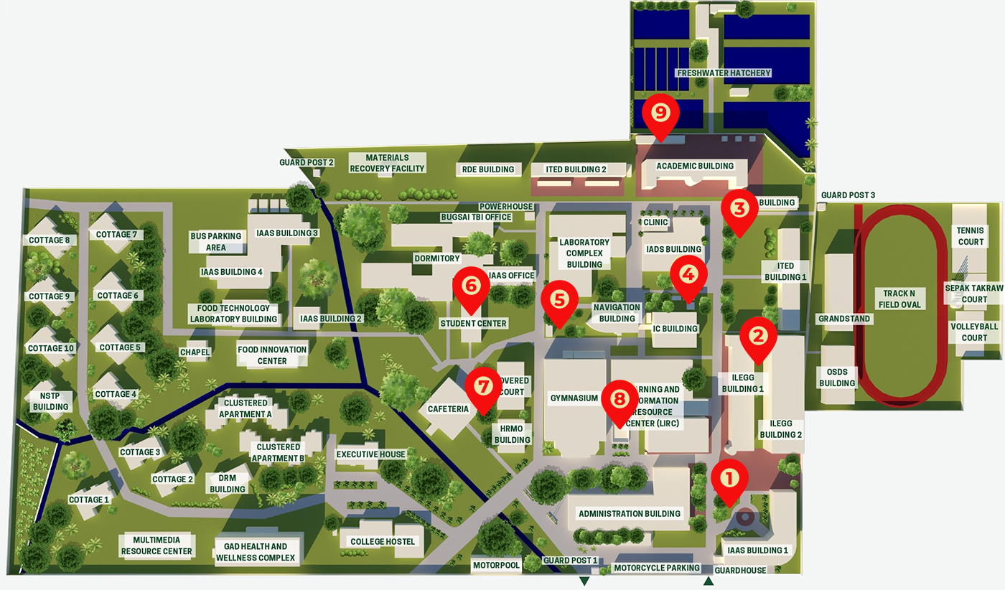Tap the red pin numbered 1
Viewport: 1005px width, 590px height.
coord(729,479)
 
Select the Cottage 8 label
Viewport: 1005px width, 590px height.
coord(50,240)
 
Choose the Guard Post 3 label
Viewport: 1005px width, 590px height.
coord(848,195)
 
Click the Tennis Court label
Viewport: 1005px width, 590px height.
coord(971,236)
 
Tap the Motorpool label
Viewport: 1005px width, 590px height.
coord(496,566)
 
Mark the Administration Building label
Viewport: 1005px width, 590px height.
coord(630,514)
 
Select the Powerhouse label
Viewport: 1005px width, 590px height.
coord(506,207)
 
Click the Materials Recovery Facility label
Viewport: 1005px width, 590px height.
coord(387,163)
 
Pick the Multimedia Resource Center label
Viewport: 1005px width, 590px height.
coord(156,545)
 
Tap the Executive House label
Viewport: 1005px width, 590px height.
coord(370,454)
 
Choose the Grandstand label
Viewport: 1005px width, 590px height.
coord(843,319)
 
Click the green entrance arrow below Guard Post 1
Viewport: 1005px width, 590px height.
coord(584,581)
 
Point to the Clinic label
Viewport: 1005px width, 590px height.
coord(655,223)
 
